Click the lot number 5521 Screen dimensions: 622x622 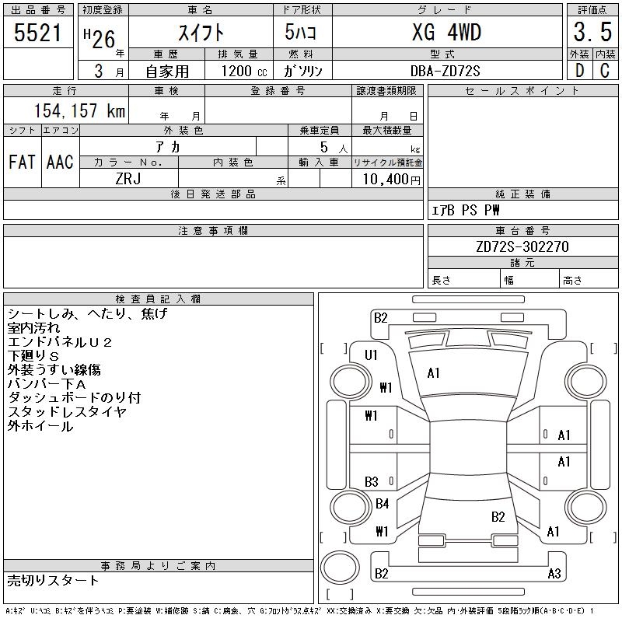click(37, 33)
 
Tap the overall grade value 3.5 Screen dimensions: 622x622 click(592, 32)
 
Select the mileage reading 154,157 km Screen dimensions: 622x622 click(79, 110)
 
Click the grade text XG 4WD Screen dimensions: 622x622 click(446, 32)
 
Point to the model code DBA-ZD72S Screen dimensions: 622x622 click(445, 71)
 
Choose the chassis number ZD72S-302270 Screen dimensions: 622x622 click(522, 246)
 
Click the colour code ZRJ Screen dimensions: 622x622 click(128, 179)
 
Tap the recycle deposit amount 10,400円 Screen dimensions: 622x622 click(391, 180)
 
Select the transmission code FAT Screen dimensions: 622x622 click(22, 162)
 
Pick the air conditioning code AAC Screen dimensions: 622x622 click(60, 162)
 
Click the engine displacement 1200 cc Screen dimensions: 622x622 click(244, 71)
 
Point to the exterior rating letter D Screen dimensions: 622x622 click(579, 71)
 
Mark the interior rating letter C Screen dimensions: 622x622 click(605, 71)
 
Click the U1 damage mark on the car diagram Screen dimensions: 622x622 click(371, 355)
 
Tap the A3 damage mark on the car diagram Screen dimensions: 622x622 click(554, 573)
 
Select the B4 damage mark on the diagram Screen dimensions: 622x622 click(382, 504)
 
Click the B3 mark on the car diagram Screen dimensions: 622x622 click(371, 482)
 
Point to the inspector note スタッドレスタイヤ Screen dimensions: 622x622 click(67, 412)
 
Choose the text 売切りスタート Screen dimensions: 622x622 click(53, 580)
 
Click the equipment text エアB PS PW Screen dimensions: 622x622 click(465, 210)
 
